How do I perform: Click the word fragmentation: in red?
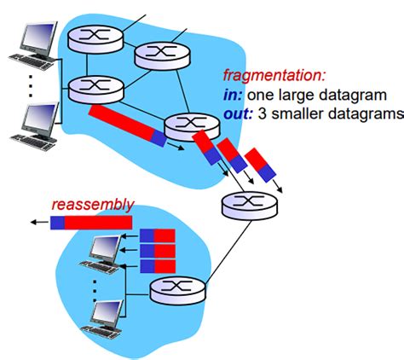(x=272, y=75)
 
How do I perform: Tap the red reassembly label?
(x=92, y=205)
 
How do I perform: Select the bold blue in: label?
(x=235, y=94)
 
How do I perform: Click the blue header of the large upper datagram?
(x=160, y=136)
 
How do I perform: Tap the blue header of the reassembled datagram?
(x=57, y=224)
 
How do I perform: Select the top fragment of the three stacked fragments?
(x=157, y=236)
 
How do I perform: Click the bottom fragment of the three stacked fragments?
(x=157, y=265)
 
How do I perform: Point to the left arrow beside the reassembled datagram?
(x=37, y=224)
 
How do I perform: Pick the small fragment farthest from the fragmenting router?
(x=261, y=165)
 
